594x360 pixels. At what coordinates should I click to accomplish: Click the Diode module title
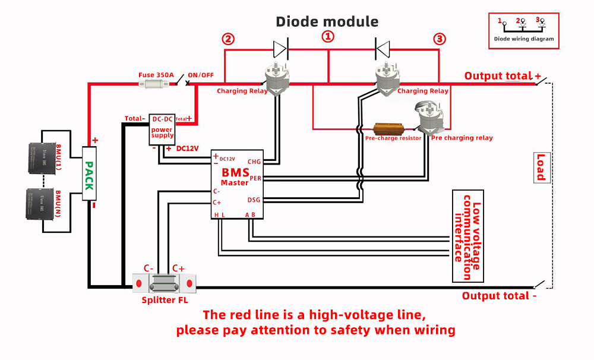click(327, 22)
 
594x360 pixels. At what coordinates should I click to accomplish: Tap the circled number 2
click(228, 39)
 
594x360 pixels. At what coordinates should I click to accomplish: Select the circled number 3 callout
click(439, 39)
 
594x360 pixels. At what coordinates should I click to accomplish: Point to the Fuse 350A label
click(156, 75)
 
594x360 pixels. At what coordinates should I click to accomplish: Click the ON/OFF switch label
click(201, 75)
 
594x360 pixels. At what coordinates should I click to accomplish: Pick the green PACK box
click(89, 175)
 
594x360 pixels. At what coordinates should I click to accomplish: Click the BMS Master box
click(238, 184)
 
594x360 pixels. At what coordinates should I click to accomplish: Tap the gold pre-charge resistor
click(388, 128)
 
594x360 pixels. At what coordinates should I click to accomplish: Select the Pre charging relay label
click(462, 138)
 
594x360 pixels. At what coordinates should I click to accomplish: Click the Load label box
click(541, 167)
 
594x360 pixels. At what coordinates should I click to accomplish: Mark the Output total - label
click(499, 296)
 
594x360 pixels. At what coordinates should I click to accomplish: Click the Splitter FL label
click(165, 300)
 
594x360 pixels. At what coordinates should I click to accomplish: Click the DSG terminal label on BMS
click(254, 200)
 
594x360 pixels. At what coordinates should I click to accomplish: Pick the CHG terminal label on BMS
click(254, 162)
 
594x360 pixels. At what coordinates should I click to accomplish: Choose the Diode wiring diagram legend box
click(523, 30)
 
